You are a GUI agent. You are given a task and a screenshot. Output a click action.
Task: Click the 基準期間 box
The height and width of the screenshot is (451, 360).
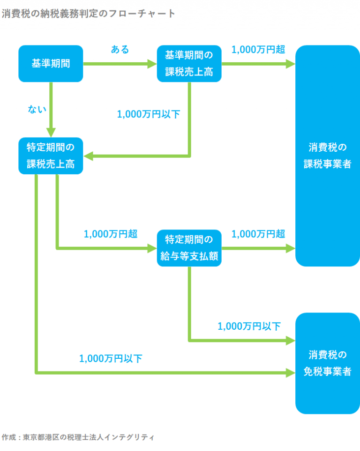[x=51, y=63]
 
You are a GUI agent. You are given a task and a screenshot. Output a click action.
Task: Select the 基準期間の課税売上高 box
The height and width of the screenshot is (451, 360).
[x=189, y=63]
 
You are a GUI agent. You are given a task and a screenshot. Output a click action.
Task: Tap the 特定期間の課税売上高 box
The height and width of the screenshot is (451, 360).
[x=51, y=155]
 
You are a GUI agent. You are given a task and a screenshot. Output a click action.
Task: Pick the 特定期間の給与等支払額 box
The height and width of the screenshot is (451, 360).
[x=189, y=248]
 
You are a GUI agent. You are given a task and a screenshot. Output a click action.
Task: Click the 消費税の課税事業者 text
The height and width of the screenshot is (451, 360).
[x=327, y=156]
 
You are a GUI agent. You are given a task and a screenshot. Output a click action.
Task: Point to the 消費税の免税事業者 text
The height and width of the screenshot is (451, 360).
[x=327, y=362]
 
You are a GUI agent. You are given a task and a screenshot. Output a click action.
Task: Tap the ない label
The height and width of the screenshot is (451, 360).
[x=37, y=110]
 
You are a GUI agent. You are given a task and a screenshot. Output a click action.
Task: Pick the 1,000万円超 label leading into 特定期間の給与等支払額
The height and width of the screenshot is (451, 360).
[x=111, y=234]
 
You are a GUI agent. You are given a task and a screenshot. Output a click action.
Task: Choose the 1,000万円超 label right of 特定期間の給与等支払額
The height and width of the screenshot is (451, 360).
[x=258, y=234]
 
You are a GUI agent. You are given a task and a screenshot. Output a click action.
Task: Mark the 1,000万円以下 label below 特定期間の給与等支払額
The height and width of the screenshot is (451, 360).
[x=249, y=326]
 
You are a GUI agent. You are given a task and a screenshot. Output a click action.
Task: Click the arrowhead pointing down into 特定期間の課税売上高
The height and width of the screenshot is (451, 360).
[x=51, y=131]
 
